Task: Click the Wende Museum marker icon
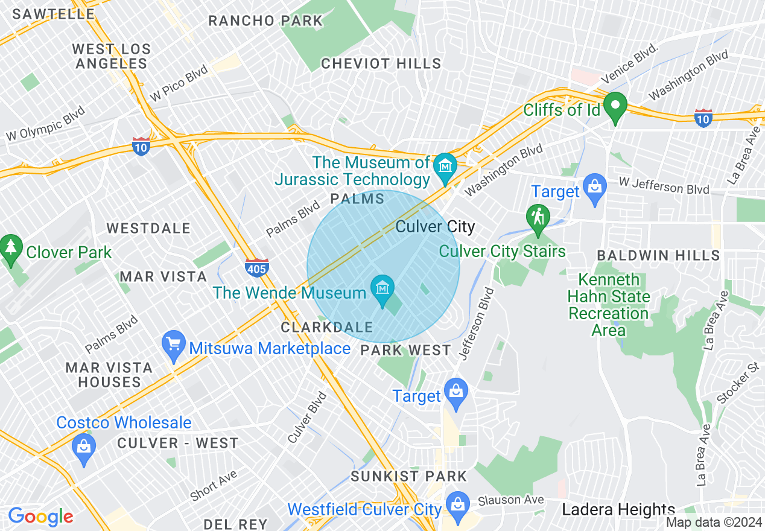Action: tap(382, 288)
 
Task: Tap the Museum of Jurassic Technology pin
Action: tap(446, 165)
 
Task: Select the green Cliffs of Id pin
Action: tap(615, 106)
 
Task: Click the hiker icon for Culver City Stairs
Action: tap(538, 217)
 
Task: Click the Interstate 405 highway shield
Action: tap(257, 267)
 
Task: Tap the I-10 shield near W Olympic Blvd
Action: tap(141, 146)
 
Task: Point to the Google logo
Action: tap(40, 517)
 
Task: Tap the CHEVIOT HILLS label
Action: tap(381, 63)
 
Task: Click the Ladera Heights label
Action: tap(618, 510)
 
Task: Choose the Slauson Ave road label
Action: tap(511, 501)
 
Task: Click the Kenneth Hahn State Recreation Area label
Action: tap(609, 305)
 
